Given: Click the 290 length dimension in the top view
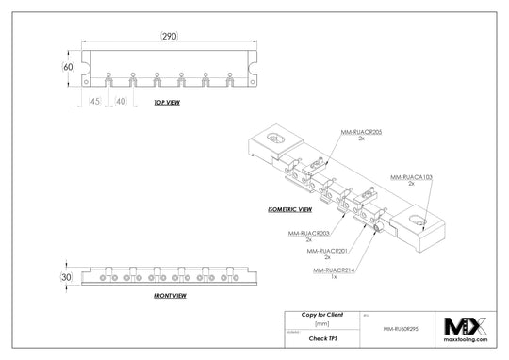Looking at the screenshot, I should (x=169, y=37).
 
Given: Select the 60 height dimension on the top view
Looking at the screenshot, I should (x=68, y=68).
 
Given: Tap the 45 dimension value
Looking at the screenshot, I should (x=95, y=100).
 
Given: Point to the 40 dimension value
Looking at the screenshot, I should (x=121, y=100).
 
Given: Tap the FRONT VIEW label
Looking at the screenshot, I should (x=169, y=296).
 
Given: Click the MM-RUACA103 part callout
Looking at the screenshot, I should (x=412, y=177).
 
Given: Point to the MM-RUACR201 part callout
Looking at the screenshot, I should (x=326, y=252).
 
